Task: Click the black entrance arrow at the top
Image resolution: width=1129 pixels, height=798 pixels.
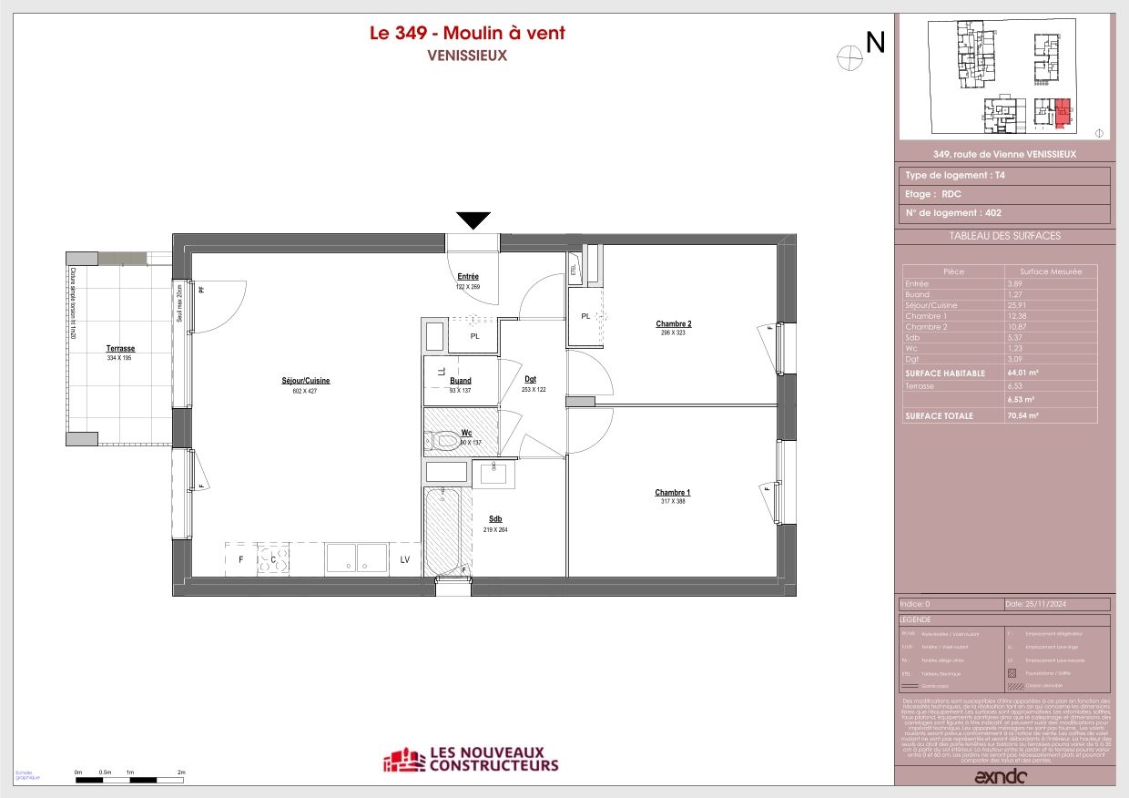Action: click(473, 220)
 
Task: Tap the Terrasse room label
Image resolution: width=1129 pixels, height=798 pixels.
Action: click(120, 349)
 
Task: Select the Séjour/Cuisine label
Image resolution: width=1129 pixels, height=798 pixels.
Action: click(305, 381)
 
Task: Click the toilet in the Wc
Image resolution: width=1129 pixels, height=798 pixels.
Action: click(443, 441)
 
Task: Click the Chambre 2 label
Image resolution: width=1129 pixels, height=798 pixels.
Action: click(674, 324)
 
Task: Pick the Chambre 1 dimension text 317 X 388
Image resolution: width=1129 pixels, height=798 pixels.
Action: click(673, 501)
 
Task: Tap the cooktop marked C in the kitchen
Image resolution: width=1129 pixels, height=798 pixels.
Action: click(273, 559)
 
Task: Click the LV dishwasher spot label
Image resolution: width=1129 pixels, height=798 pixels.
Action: click(404, 559)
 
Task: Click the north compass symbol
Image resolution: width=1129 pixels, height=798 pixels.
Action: click(849, 56)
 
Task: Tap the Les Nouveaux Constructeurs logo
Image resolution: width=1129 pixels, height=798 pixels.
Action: click(470, 760)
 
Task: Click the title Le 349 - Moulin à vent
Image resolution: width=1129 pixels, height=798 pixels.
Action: click(467, 34)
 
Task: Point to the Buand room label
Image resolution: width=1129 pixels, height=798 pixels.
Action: click(461, 381)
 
